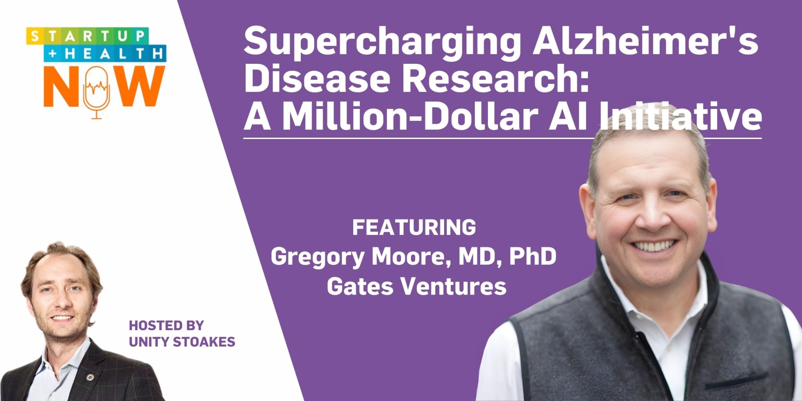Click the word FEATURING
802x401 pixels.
click(x=414, y=228)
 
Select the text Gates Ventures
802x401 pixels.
click(x=416, y=287)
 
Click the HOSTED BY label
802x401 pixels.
click(x=166, y=325)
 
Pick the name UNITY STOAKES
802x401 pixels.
click(x=182, y=342)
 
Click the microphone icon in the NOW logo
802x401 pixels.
click(x=96, y=89)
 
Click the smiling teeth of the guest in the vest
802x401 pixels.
click(x=654, y=246)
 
